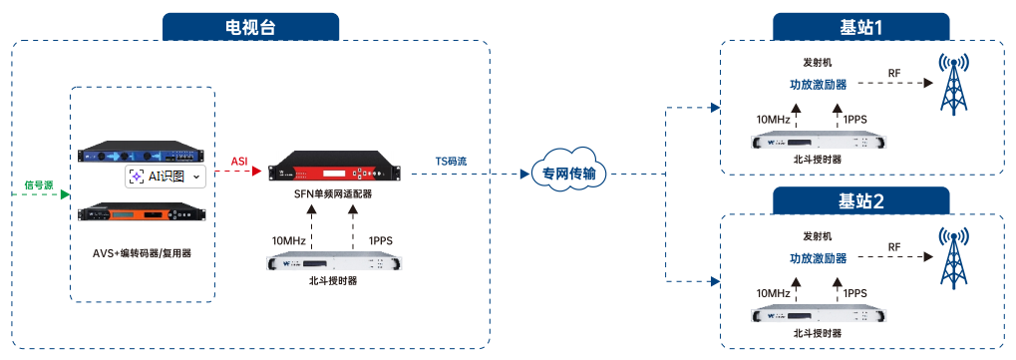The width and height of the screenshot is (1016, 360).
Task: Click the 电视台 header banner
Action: tap(252, 27)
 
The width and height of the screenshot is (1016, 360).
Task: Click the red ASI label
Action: tap(239, 161)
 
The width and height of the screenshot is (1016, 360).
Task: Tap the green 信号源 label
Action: tap(39, 184)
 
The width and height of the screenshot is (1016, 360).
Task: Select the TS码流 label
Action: tap(451, 161)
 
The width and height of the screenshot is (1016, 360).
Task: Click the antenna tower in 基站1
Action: tap(955, 85)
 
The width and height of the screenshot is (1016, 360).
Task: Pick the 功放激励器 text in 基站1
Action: tap(818, 85)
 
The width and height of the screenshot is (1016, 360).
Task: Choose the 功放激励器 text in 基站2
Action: tap(818, 257)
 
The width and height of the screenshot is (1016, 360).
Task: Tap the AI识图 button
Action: tap(165, 177)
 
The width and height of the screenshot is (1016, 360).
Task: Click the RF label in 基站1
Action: tap(894, 73)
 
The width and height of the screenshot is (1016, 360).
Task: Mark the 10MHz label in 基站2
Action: tap(773, 293)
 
